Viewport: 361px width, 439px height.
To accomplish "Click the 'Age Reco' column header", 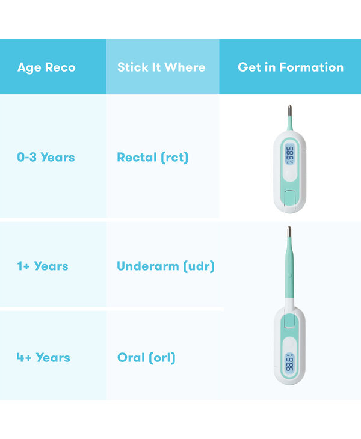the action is click(x=46, y=67).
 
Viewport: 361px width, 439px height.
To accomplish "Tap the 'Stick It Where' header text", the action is click(x=161, y=67).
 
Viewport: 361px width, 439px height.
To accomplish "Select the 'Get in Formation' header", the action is click(x=291, y=67).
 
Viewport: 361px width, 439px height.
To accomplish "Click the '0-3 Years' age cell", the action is click(x=46, y=157).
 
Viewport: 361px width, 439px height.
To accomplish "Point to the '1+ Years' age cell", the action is click(x=43, y=266).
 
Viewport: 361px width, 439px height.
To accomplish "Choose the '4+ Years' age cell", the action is click(x=43, y=358).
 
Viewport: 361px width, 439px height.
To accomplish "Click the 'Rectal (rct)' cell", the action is click(x=153, y=158).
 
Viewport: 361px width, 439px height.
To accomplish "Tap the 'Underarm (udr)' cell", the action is click(x=166, y=266).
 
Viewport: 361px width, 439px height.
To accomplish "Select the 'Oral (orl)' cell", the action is click(x=146, y=358).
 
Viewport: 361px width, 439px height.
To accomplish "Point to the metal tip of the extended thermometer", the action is click(x=289, y=232).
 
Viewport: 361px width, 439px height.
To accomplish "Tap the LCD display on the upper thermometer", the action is click(x=290, y=154).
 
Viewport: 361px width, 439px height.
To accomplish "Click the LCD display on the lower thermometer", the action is click(x=290, y=363).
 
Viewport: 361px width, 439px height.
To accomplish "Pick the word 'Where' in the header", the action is click(x=185, y=67).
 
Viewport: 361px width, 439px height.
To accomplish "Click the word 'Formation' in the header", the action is click(x=312, y=67).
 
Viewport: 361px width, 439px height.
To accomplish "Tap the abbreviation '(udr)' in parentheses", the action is click(x=199, y=266).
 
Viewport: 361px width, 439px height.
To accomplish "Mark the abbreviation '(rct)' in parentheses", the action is click(x=174, y=158).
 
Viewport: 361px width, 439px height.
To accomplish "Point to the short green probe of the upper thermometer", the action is click(x=290, y=123).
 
